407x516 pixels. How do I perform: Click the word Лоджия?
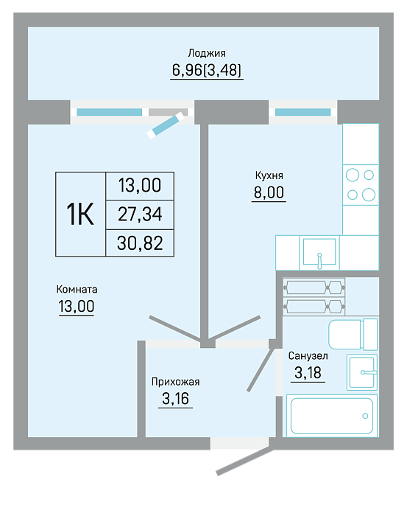pyautogui.click(x=207, y=53)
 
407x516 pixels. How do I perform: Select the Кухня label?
pyautogui.click(x=269, y=175)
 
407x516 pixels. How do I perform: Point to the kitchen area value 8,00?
pyautogui.click(x=269, y=192)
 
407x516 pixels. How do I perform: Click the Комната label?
pyautogui.click(x=77, y=289)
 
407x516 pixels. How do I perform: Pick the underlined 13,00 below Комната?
pyautogui.click(x=77, y=307)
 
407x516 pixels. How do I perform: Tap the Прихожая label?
pyautogui.click(x=175, y=382)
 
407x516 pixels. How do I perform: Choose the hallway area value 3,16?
pyautogui.click(x=175, y=399)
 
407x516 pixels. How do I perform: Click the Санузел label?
pyautogui.click(x=308, y=356)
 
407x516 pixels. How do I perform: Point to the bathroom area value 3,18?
pyautogui.click(x=308, y=373)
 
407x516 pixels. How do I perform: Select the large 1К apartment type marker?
pyautogui.click(x=80, y=215)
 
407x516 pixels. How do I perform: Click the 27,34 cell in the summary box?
pyautogui.click(x=140, y=215)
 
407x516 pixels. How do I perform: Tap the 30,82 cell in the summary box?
pyautogui.click(x=140, y=243)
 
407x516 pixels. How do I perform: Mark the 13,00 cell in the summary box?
pyautogui.click(x=140, y=185)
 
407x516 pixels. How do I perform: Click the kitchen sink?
pyautogui.click(x=319, y=252)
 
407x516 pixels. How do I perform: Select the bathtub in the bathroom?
pyautogui.click(x=332, y=416)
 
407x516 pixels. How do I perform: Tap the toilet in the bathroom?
pyautogui.click(x=353, y=335)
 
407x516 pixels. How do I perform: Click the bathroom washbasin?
pyautogui.click(x=361, y=372)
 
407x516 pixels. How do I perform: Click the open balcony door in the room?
pyautogui.click(x=166, y=125)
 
